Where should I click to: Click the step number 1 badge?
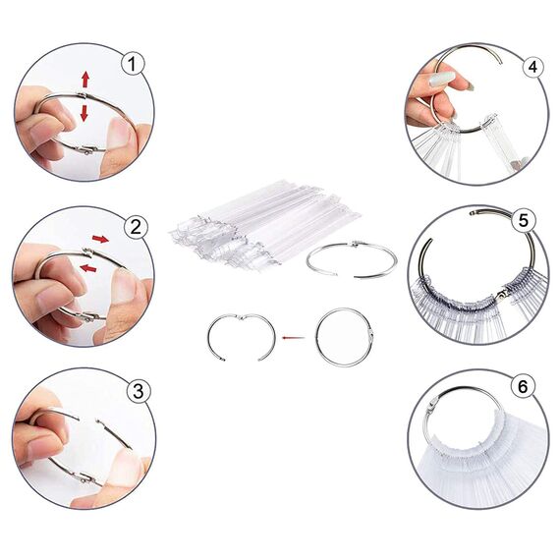click(x=134, y=64)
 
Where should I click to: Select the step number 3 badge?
click(x=139, y=390)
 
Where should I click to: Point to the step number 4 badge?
click(x=532, y=67)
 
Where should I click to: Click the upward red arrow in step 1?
click(x=85, y=79)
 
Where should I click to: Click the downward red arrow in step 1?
click(x=85, y=113)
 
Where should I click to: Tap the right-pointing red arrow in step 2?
click(x=100, y=239)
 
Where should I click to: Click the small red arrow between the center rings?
click(x=291, y=338)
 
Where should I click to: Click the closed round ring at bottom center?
click(x=343, y=337)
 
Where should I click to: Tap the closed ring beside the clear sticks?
click(x=352, y=259)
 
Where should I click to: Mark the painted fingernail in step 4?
click(x=442, y=79)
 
